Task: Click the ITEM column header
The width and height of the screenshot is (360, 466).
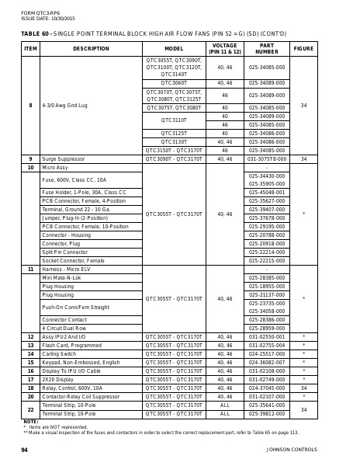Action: click(x=30, y=48)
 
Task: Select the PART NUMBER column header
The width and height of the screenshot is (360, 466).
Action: click(x=267, y=48)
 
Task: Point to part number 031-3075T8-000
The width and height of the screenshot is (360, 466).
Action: click(x=267, y=158)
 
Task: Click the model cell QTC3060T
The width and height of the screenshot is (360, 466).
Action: click(x=174, y=82)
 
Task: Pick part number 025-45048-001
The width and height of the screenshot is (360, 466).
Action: click(x=267, y=192)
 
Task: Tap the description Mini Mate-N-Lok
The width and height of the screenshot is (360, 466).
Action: click(x=61, y=277)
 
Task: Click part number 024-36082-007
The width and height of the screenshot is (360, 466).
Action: click(x=267, y=362)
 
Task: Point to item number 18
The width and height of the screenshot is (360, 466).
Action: click(x=30, y=388)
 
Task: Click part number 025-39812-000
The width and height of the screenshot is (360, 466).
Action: click(x=267, y=413)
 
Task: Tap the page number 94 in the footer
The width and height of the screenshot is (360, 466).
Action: click(x=25, y=449)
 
